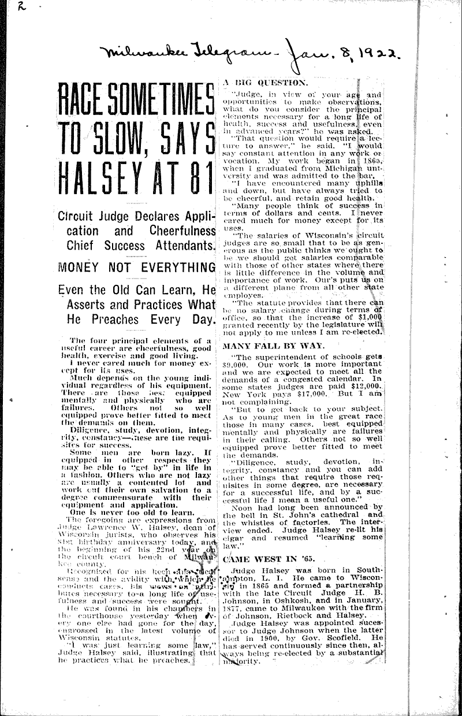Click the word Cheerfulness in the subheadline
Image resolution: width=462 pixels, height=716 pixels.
tap(171, 231)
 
